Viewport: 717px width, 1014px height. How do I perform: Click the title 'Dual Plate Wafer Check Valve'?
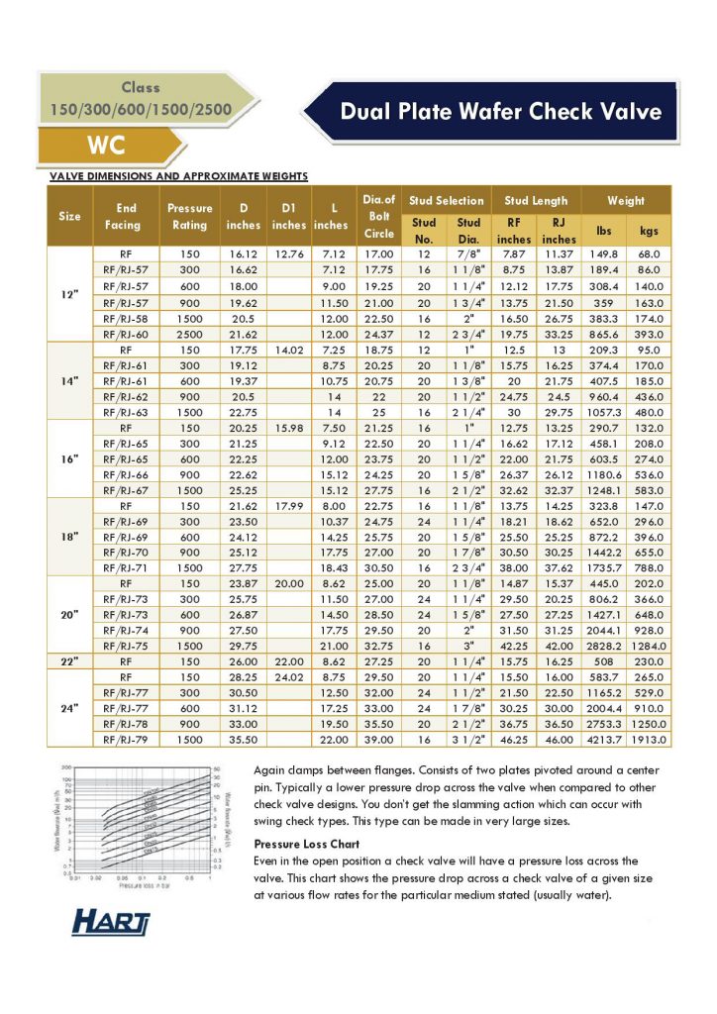500,111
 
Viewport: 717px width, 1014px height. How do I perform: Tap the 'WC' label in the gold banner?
106,146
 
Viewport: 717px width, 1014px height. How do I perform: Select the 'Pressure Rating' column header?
190,217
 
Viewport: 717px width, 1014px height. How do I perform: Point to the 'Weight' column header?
626,200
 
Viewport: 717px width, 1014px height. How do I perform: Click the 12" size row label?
69,294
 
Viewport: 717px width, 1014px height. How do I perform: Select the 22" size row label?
69,659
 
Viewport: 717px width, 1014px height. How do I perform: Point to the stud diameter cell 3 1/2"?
469,738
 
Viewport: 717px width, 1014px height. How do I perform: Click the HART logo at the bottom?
111,923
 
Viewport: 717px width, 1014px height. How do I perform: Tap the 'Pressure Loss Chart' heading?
304,845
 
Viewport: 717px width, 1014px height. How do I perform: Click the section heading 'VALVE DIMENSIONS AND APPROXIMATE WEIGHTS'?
179,176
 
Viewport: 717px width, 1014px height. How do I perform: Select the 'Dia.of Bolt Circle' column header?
378,217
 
